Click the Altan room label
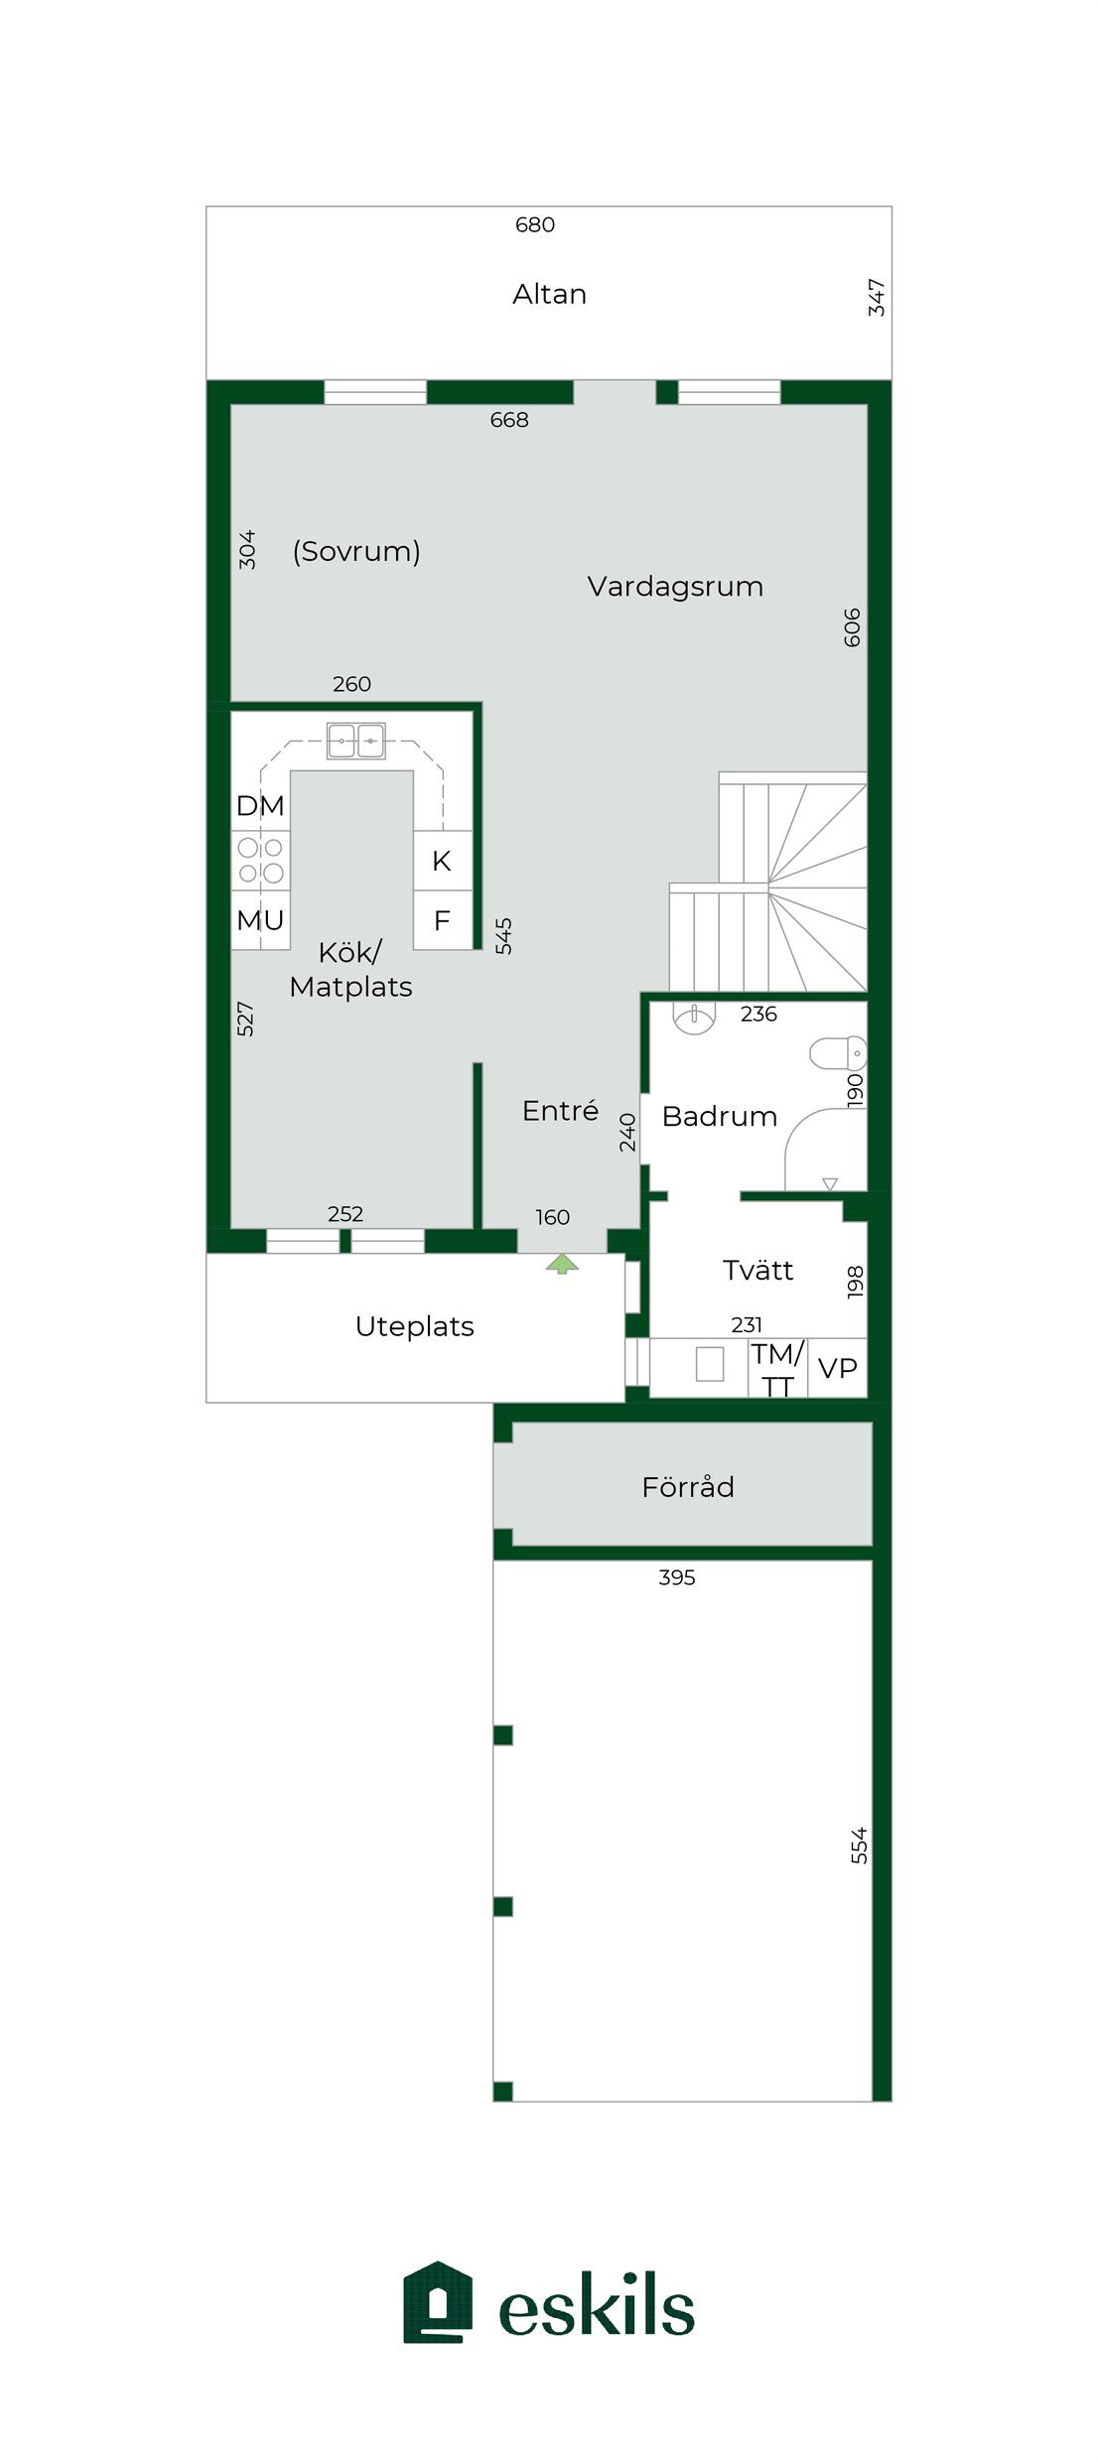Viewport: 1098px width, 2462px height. coord(549,294)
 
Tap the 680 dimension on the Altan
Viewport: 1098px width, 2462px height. coord(535,225)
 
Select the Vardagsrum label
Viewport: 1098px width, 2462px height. coord(675,586)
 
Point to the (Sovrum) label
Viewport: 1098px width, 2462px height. coord(356,551)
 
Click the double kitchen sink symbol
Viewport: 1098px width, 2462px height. coord(356,741)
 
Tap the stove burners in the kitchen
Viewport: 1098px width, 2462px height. coord(261,861)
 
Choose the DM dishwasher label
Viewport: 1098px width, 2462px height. coord(260,806)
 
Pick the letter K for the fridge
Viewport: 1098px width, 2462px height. coord(442,862)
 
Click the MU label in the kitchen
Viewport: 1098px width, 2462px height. coord(260,920)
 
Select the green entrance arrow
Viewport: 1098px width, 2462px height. coord(562,1263)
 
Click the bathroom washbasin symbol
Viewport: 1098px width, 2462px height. coord(694,1019)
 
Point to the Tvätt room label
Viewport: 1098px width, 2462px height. coord(757,1271)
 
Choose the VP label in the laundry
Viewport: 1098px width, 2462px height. coord(837,1368)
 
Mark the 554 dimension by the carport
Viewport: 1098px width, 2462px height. coord(859,1846)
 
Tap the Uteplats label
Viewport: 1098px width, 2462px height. coord(414,1326)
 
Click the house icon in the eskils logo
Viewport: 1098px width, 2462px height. coord(438,2302)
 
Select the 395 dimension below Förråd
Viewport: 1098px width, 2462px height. coord(677,1577)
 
